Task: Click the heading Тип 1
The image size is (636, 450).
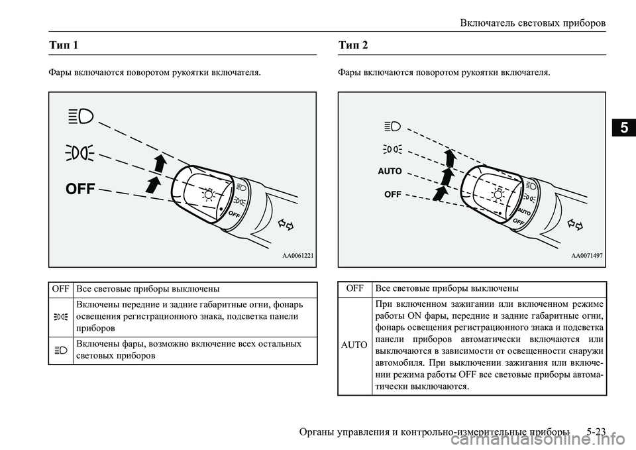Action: click(x=64, y=46)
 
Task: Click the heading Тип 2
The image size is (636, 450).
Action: click(x=352, y=46)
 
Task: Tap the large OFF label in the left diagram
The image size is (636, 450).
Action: click(x=80, y=190)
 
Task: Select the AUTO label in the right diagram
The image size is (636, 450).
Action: click(x=390, y=171)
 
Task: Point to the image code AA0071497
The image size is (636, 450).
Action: click(x=586, y=255)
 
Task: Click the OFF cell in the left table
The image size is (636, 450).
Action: click(x=61, y=289)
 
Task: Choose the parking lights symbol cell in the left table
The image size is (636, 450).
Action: click(x=61, y=317)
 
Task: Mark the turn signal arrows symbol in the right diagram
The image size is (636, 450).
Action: click(x=574, y=225)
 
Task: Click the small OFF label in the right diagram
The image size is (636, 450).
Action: click(x=392, y=194)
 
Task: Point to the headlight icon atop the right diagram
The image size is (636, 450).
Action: click(x=392, y=125)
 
